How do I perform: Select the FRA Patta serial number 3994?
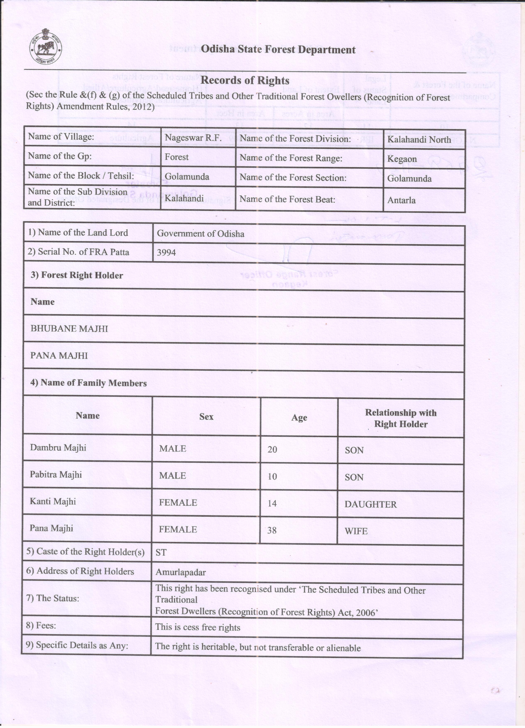[166, 252]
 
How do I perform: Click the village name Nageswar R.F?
[193, 138]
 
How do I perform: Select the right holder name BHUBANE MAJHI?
[69, 329]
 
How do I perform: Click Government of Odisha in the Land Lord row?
[200, 233]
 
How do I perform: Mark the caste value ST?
[161, 552]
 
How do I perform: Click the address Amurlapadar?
[180, 572]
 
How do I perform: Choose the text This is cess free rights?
[197, 627]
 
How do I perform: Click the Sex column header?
[206, 417]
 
